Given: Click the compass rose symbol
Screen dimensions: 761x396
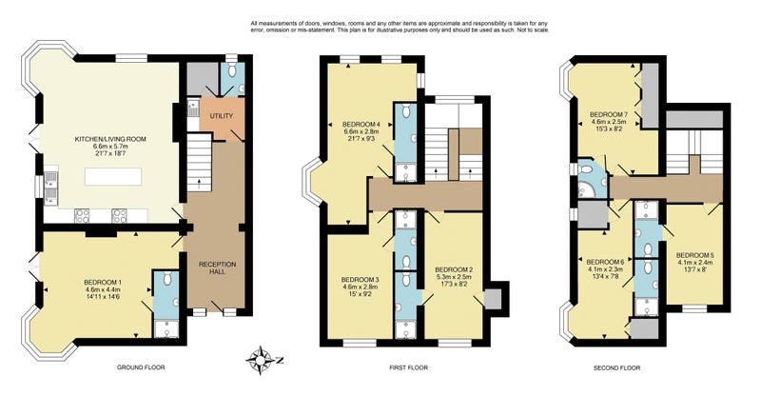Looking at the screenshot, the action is coord(261,361).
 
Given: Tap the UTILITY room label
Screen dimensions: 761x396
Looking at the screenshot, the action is coord(222,116).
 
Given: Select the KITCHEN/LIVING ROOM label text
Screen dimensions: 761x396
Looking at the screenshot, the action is coord(110,139).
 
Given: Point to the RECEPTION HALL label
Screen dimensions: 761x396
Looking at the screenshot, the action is coord(218,267).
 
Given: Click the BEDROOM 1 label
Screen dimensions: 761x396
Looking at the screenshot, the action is coord(103,283).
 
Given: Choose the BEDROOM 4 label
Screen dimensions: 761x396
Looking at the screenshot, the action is coord(361,123).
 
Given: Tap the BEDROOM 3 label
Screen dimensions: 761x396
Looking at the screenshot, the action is coord(360,280).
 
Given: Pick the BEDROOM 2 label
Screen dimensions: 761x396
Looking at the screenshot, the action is coord(454,269).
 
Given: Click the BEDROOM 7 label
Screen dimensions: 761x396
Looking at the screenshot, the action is coord(609,114).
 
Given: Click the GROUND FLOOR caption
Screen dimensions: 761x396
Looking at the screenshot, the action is coord(141,367).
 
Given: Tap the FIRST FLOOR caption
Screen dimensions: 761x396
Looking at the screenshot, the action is coord(409,367).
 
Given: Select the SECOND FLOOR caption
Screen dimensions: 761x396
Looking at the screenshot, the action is coord(616,367).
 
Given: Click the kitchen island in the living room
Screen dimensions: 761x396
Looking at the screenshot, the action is coord(113,176).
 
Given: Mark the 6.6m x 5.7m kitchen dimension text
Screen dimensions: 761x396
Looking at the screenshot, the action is coord(110,147).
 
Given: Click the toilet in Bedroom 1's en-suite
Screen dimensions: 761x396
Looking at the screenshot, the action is coord(166,278).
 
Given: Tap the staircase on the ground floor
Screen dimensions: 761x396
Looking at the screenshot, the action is coord(200,163).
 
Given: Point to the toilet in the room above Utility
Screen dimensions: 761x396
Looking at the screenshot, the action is coord(232,71).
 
